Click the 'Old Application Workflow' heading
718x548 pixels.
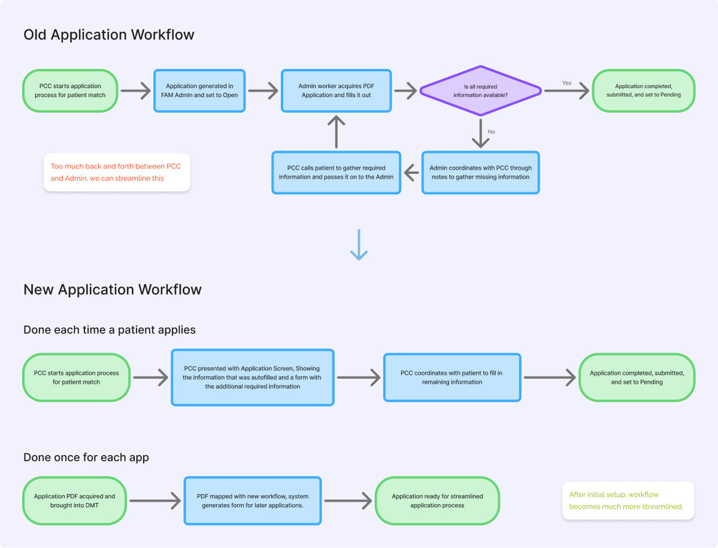coord(109,35)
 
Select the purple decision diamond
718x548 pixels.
coord(480,91)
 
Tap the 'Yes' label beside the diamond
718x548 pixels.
coord(566,82)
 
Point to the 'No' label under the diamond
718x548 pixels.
coord(492,131)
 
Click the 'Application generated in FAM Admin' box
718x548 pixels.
coord(200,91)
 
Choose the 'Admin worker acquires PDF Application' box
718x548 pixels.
coord(336,91)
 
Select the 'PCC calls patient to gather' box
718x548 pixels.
coord(336,172)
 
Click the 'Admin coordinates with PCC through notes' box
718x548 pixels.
coord(480,172)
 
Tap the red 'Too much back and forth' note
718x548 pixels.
coord(117,172)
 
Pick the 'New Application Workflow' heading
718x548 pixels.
coord(113,290)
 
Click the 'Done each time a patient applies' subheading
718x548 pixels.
coord(110,330)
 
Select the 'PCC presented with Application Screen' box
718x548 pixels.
coord(252,378)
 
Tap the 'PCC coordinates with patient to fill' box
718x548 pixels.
coord(452,377)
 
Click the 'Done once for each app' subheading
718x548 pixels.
coord(86,457)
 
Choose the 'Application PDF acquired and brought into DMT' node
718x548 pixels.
coord(75,501)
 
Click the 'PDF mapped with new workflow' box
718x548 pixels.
coord(252,501)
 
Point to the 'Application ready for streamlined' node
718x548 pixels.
coord(437,501)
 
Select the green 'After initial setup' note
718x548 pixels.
coord(628,501)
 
